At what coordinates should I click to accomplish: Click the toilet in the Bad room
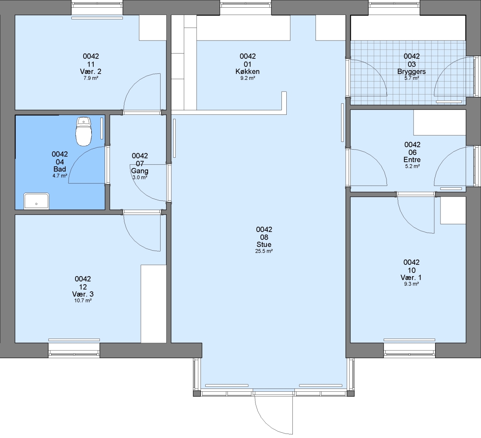(x=84, y=131)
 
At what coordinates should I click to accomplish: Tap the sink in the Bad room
(x=37, y=201)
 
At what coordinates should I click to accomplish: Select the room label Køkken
(x=247, y=71)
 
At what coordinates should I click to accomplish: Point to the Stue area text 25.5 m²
(x=264, y=251)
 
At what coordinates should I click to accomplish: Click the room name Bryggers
(x=411, y=71)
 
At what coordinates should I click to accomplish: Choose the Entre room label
(x=412, y=160)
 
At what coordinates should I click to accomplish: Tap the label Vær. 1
(x=411, y=277)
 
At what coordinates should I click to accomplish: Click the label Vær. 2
(x=90, y=71)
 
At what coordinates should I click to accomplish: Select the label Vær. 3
(x=82, y=294)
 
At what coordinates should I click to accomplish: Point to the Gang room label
(x=140, y=171)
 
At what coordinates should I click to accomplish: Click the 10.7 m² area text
(x=83, y=301)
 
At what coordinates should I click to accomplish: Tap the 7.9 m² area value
(x=91, y=78)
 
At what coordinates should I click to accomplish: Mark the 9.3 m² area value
(x=411, y=284)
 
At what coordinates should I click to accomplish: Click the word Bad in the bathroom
(x=60, y=169)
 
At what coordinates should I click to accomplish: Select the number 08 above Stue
(x=264, y=237)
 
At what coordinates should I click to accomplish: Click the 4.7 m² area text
(x=60, y=176)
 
